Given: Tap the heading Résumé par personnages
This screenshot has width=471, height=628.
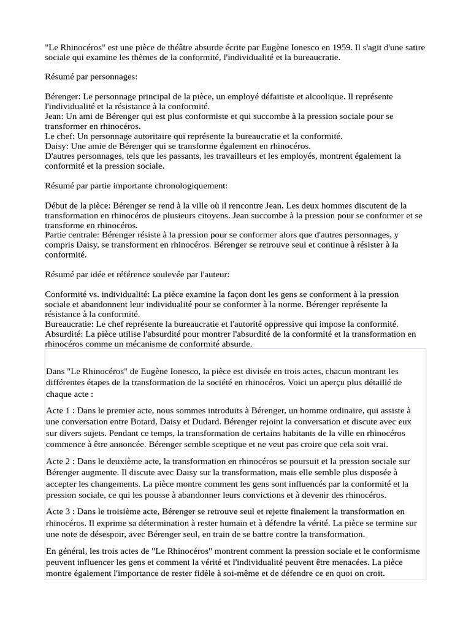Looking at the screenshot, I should point(91,77).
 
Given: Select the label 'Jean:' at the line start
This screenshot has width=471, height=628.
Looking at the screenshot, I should point(54,116).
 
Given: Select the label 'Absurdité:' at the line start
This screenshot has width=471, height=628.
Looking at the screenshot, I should point(64,334).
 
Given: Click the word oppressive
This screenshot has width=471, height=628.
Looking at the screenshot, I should point(312,324).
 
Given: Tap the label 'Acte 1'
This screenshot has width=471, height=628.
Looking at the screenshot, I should point(58,410).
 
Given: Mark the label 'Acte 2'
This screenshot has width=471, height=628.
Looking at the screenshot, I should point(58,461).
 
